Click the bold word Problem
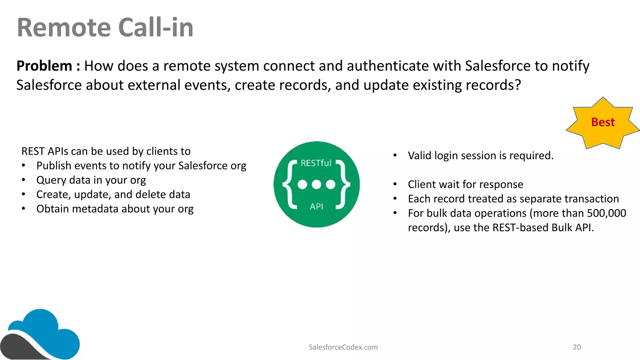point(44,66)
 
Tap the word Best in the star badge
point(603,122)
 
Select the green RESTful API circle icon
point(316,184)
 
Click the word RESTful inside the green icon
point(316,163)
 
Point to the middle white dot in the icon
point(316,184)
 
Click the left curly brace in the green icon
point(289,184)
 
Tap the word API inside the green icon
point(316,207)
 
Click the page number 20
point(577,347)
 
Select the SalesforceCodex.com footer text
point(343,347)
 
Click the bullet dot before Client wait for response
point(395,184)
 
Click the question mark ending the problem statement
point(518,85)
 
